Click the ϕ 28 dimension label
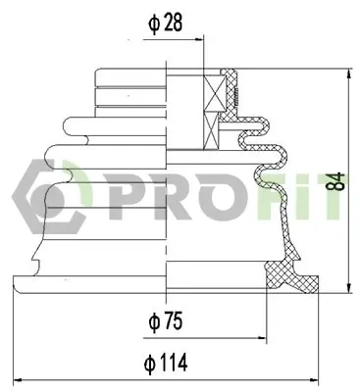(x=165, y=24)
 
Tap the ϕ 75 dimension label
(x=165, y=321)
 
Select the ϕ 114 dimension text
(x=166, y=363)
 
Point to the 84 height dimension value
(x=336, y=181)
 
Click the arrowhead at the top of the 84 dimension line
(x=349, y=73)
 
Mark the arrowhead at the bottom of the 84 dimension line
(x=349, y=287)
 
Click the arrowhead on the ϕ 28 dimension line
(x=199, y=40)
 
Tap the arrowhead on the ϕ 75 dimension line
(x=262, y=338)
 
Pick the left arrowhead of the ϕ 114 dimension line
(x=17, y=380)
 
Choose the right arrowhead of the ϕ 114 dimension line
(x=314, y=380)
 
